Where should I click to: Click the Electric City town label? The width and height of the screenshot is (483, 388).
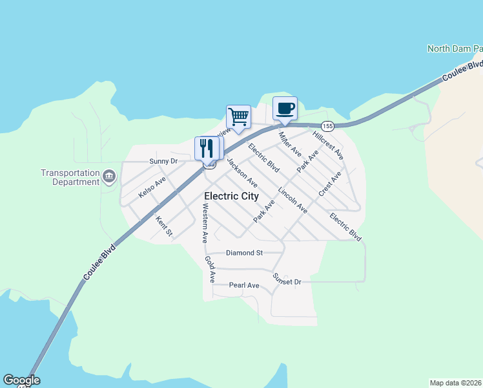click(x=231, y=196)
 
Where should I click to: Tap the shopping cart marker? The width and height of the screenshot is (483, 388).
click(x=238, y=117)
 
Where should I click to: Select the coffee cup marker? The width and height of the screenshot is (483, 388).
click(x=285, y=108)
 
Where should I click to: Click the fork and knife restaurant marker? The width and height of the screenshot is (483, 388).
click(x=207, y=148)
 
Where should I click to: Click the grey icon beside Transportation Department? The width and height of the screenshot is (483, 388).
click(x=109, y=176)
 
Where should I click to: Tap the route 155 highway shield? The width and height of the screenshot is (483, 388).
click(x=327, y=125)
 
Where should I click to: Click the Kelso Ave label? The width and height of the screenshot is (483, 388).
click(x=152, y=187)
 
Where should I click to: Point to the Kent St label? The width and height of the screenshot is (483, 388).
click(x=164, y=226)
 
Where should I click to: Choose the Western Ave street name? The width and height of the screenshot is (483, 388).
click(x=205, y=223)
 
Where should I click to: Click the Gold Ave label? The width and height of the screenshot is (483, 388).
click(x=210, y=269)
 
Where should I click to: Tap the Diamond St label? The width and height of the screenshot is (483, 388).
click(x=244, y=253)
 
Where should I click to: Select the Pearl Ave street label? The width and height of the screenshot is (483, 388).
click(x=244, y=285)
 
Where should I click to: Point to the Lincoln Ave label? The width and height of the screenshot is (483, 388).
click(x=293, y=200)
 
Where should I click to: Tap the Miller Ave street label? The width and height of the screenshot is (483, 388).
click(x=290, y=145)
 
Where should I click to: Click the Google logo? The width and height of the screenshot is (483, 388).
click(x=21, y=380)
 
